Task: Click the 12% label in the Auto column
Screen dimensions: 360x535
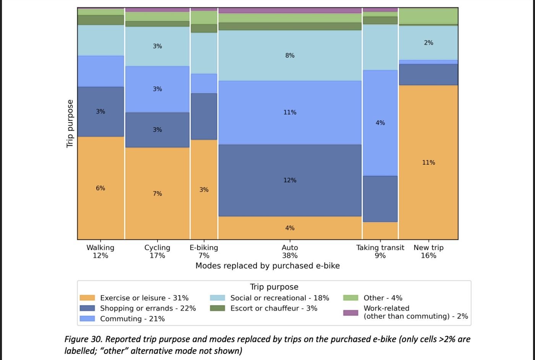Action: [290, 180]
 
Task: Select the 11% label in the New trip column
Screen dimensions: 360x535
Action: [428, 162]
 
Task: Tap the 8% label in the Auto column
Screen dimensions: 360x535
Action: [290, 55]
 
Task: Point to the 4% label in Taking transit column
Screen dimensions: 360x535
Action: [380, 123]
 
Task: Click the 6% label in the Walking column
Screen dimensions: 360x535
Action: [101, 188]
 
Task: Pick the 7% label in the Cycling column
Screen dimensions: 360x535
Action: [157, 194]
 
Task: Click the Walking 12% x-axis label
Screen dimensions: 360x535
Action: [101, 251]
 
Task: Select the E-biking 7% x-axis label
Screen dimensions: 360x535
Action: [204, 251]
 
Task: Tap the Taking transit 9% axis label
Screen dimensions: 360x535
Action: [380, 251]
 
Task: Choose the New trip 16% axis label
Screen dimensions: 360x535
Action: [428, 251]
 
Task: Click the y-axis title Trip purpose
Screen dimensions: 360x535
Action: [70, 123]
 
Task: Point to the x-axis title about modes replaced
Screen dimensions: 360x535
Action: [267, 266]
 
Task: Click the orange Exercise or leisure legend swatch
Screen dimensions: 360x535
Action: [87, 298]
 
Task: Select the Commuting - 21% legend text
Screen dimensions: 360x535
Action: [132, 319]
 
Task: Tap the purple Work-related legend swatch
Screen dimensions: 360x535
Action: [350, 313]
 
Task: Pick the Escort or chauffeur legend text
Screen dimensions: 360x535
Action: [274, 308]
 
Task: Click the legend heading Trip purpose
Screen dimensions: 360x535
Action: [274, 287]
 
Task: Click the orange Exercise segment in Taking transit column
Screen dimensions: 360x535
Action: [380, 230]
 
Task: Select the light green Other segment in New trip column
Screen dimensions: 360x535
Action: [428, 16]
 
